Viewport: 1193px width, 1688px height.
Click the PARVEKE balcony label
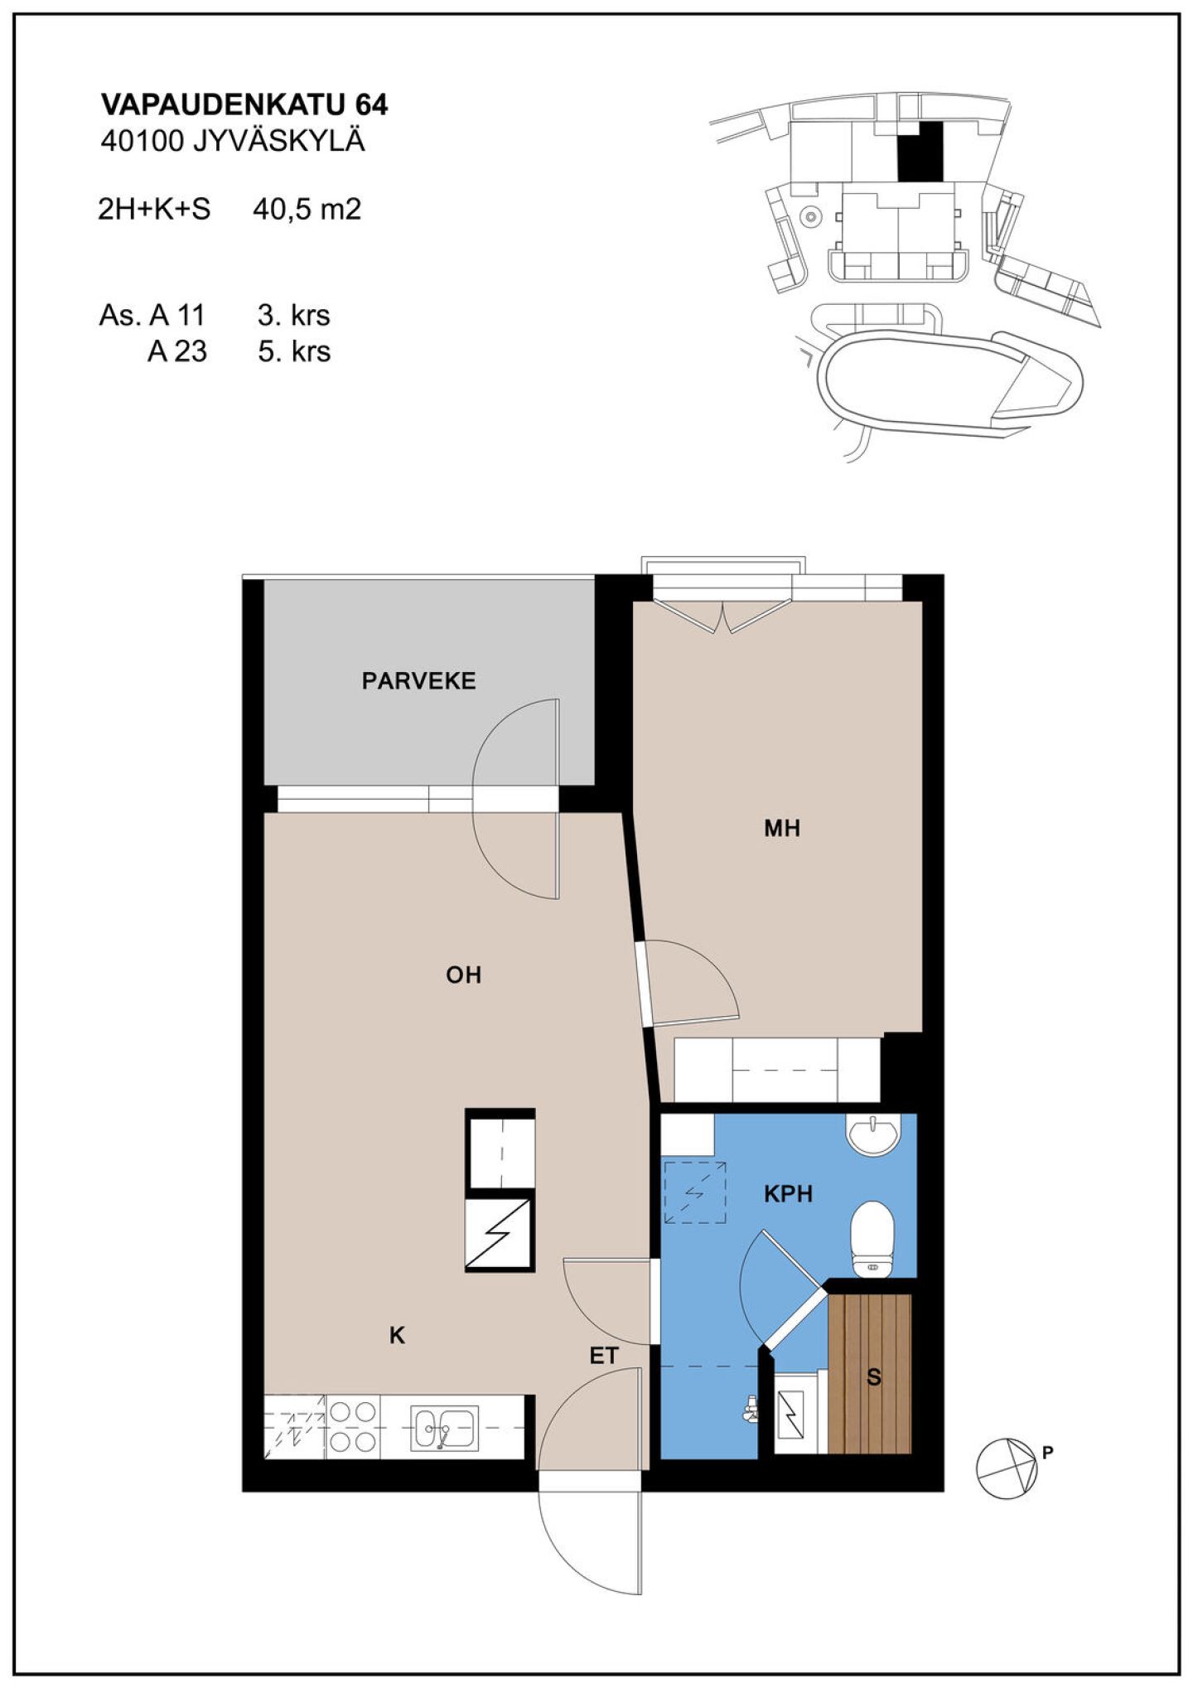418,681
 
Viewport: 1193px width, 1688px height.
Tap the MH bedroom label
782,828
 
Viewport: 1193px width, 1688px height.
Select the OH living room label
464,975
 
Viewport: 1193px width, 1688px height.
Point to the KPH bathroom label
788,1193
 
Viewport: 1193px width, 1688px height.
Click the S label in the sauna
873,1376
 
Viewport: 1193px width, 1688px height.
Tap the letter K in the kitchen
398,1335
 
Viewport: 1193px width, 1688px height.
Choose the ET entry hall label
604,1356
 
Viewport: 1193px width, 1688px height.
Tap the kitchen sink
445,1428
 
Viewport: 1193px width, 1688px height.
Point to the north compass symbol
1006,1468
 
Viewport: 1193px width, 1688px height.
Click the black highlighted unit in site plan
921,151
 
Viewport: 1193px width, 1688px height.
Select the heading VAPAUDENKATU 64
244,104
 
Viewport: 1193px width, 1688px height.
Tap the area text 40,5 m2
307,209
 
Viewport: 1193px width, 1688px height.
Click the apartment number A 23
177,351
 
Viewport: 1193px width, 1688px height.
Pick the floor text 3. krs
294,315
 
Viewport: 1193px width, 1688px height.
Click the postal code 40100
142,141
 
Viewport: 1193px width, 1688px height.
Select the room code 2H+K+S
154,209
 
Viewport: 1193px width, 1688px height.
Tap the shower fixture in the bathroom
751,1408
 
